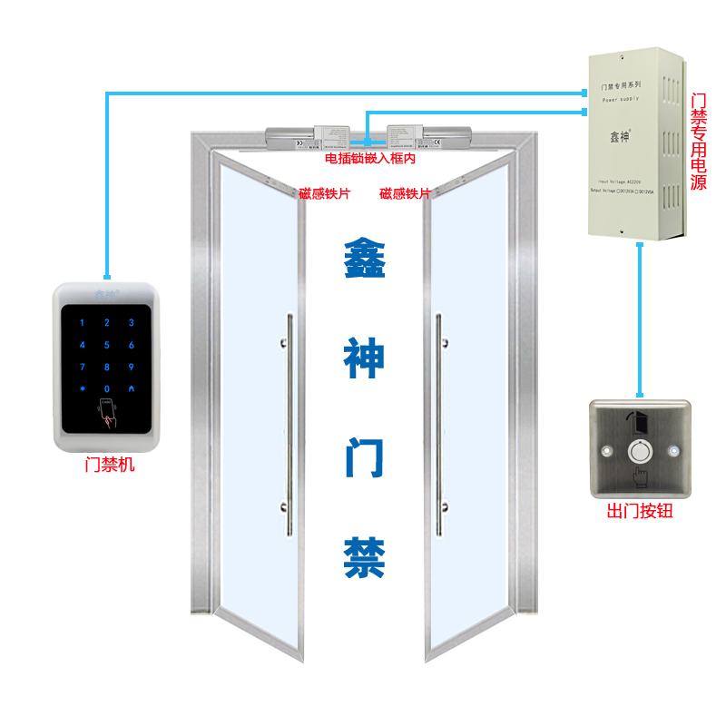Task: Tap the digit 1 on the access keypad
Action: tap(83, 322)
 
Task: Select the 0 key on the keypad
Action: tap(107, 388)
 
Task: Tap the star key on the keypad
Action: tap(83, 388)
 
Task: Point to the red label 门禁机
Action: tap(108, 466)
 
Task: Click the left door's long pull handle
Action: tap(289, 425)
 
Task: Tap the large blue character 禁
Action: tap(364, 558)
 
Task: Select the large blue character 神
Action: tap(364, 358)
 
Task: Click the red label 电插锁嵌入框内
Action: tap(370, 159)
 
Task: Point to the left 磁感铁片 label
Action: tap(324, 193)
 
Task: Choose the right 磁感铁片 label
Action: tap(405, 193)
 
